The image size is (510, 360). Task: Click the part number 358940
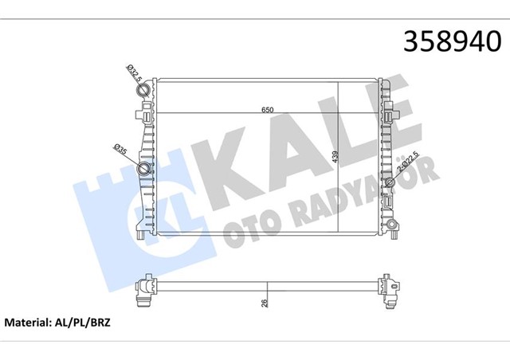coord(453,41)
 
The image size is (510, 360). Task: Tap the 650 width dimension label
coord(268,110)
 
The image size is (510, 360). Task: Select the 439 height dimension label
coord(335,157)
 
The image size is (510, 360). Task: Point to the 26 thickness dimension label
coord(265,303)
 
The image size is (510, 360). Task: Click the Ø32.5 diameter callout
coord(135,74)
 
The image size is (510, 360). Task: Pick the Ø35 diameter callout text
coord(120,149)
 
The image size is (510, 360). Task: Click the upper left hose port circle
coord(143,90)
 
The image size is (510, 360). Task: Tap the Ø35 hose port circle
coord(143,169)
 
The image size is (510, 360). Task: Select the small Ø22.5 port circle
coord(390,182)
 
